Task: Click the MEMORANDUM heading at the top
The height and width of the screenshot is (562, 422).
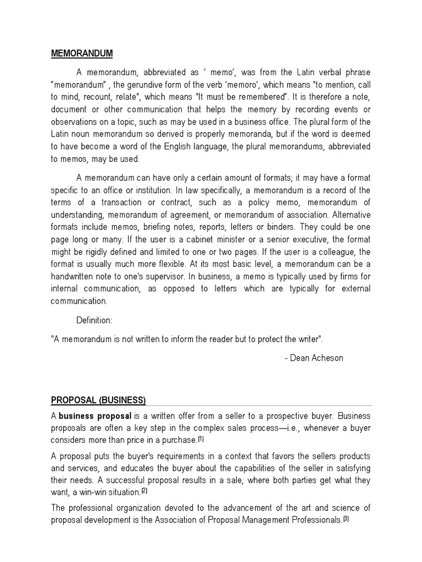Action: (x=81, y=53)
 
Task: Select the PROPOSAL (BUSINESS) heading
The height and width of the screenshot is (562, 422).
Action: (x=98, y=399)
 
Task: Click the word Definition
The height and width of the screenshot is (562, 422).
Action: (x=97, y=320)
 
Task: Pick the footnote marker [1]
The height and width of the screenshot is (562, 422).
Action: (x=201, y=439)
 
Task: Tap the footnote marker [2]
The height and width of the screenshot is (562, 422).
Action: (x=145, y=490)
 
